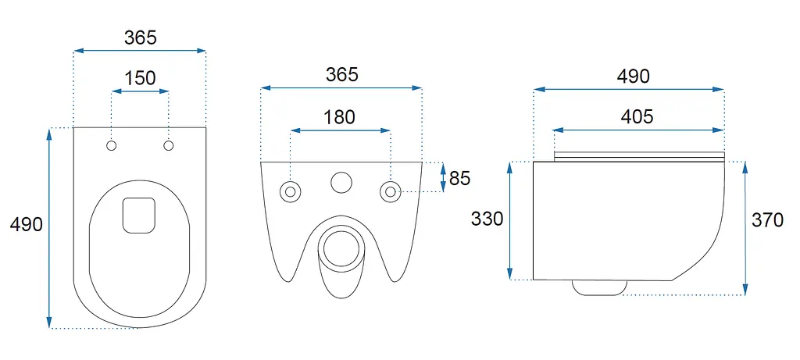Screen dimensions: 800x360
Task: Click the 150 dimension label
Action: click(141, 78)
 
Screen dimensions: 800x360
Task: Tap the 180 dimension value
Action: click(339, 117)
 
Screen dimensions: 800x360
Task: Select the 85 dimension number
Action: click(459, 179)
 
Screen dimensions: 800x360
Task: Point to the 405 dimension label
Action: click(637, 117)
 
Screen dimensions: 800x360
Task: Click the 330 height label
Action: click(487, 219)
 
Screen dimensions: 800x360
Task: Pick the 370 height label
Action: click(767, 220)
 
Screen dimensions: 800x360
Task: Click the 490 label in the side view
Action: click(633, 77)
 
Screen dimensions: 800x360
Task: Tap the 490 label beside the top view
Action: click(27, 224)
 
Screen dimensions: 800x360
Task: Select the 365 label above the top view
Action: click(141, 37)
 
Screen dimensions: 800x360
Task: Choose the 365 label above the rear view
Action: click(342, 74)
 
